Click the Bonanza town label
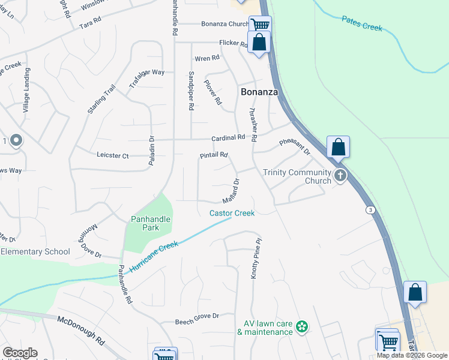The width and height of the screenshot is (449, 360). [259, 92]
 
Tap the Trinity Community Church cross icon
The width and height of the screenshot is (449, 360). [340, 175]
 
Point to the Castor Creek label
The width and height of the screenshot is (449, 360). [232, 213]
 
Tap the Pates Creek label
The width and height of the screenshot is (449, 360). [362, 23]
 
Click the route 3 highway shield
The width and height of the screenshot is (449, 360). [371, 209]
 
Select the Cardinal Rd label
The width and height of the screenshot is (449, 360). [232, 137]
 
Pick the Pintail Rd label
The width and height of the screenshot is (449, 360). [214, 155]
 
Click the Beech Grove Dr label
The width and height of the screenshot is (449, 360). [197, 316]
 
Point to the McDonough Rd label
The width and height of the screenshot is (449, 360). [81, 329]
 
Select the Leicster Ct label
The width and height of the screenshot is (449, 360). [112, 155]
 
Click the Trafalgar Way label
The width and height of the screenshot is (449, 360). [146, 80]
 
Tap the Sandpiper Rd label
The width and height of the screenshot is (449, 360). [190, 90]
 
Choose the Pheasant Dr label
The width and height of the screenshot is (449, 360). [295, 148]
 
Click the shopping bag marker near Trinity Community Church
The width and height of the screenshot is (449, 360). [339, 147]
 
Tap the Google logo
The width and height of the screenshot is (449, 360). [20, 353]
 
